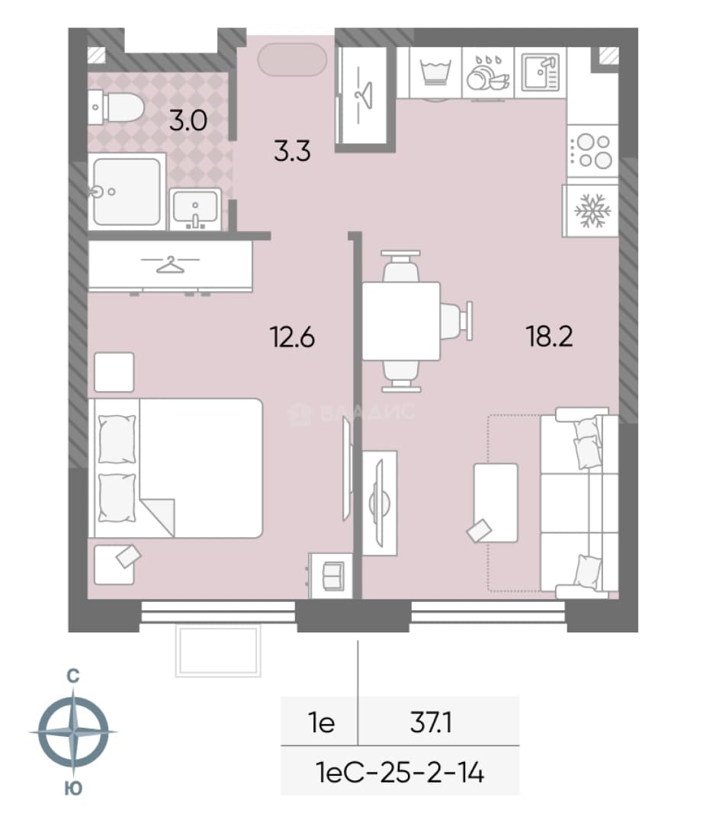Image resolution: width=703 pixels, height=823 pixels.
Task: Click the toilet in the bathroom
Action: (x=117, y=107)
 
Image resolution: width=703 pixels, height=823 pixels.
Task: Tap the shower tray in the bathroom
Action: (x=127, y=191)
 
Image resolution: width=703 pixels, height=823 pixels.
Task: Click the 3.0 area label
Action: (x=188, y=121)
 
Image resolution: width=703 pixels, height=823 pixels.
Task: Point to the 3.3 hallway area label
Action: (x=293, y=151)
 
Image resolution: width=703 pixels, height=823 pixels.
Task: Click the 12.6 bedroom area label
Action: (x=292, y=337)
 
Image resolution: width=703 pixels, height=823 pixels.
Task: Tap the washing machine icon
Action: (x=435, y=72)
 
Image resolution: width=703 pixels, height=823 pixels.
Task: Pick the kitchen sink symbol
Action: (x=541, y=72)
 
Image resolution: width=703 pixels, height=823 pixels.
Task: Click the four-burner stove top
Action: (x=593, y=151)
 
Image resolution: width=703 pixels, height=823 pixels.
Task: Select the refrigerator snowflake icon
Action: (x=592, y=212)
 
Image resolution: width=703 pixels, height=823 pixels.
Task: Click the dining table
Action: (x=401, y=322)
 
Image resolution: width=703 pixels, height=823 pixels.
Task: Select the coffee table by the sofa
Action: (x=496, y=503)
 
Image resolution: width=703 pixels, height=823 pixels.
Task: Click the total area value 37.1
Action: (x=431, y=722)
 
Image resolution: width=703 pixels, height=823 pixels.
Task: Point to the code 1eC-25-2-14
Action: (x=400, y=773)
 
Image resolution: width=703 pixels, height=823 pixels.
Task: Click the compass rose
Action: (x=73, y=732)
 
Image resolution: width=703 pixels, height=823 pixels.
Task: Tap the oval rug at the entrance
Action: (x=293, y=60)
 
